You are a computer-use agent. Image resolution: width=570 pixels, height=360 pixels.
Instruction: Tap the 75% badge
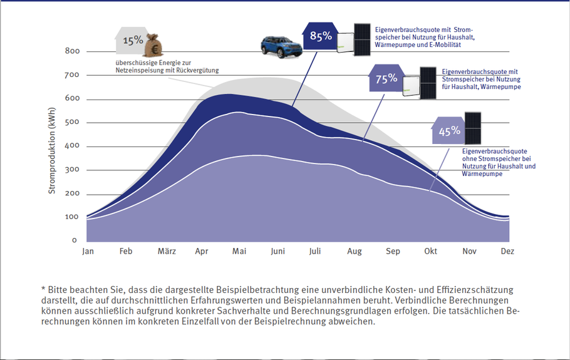pos(386,78)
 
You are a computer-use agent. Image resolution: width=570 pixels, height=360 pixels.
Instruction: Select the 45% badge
pos(449,131)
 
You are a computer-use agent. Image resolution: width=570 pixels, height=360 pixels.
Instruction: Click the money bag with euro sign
pos(153,46)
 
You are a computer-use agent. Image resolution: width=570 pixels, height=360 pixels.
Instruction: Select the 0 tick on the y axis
pos(74,240)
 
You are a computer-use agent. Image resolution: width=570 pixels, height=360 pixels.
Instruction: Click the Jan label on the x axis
pos(88,252)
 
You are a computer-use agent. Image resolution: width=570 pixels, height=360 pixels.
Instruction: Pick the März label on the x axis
pos(167,252)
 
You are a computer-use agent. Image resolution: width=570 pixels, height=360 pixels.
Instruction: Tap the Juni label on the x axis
pos(277,252)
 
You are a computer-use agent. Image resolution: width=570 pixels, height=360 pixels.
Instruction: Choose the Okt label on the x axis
pos(430,252)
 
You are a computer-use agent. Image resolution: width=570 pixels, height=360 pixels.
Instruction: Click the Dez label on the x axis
pos(507,252)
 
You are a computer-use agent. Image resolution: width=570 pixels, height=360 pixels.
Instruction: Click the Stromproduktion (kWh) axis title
pos(52,150)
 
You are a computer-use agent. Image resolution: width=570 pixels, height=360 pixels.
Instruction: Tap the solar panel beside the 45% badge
pos(473,128)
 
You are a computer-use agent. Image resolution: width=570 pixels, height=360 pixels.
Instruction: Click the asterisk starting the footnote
pos(43,289)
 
